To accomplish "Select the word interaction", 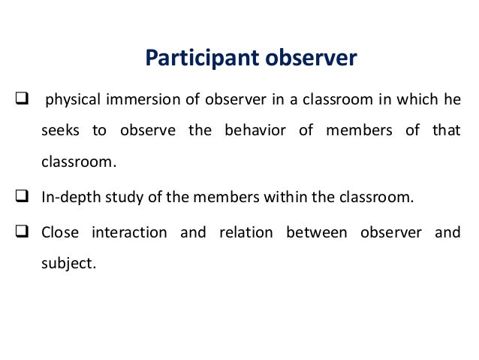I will coord(129,232).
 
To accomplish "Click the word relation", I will coord(245,232).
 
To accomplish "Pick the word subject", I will coord(68,265).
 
